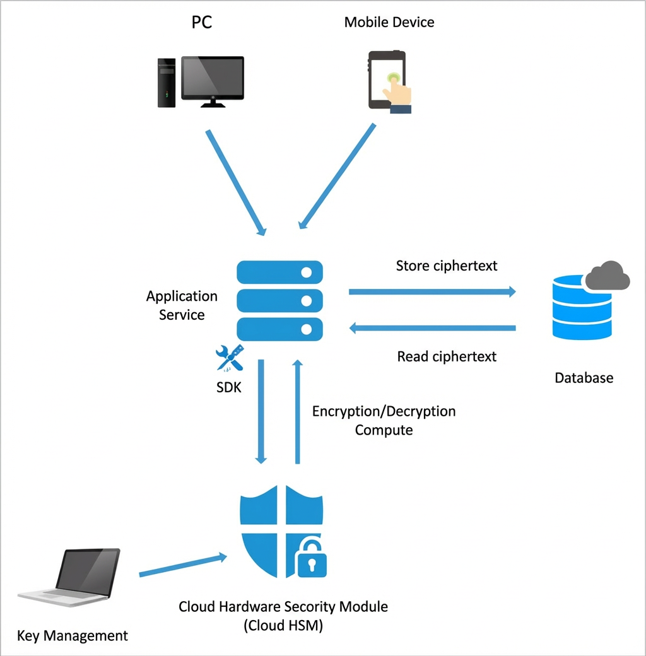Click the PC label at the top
click(x=202, y=22)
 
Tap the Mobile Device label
click(x=389, y=22)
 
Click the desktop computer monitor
click(x=213, y=81)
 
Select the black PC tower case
click(x=166, y=83)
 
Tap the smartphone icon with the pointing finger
click(x=389, y=81)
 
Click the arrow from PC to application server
click(x=236, y=183)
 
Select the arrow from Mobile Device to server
click(x=338, y=176)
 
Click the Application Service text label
click(x=182, y=305)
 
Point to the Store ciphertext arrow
click(x=432, y=291)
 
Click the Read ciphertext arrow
click(x=432, y=328)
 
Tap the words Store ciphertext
click(x=447, y=266)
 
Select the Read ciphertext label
click(x=447, y=356)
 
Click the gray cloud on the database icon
click(x=608, y=276)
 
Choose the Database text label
click(x=584, y=378)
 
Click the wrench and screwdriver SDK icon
click(x=230, y=358)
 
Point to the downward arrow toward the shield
click(x=261, y=412)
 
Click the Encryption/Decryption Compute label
click(x=384, y=421)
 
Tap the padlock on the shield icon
click(x=311, y=558)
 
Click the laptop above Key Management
click(x=69, y=577)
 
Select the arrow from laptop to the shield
click(x=183, y=566)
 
